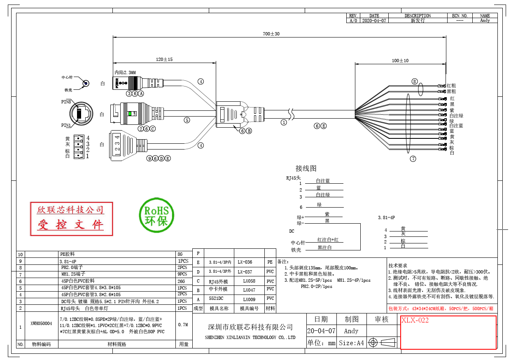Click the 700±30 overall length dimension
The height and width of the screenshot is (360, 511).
271,34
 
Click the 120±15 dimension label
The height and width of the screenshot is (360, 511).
164,59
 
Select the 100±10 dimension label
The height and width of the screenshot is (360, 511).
400,61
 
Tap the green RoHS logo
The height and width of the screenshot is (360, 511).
157,215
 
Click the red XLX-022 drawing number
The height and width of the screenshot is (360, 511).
415,320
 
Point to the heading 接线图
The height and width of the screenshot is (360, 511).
306,168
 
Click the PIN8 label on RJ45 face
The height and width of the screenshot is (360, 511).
66,101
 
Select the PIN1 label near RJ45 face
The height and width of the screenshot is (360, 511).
66,125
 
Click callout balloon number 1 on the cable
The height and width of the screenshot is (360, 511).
283,122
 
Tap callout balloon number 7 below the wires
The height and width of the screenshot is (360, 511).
413,159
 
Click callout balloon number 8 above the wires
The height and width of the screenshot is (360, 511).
415,81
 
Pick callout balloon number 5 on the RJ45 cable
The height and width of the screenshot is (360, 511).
187,120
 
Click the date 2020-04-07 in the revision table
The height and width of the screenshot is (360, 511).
374,20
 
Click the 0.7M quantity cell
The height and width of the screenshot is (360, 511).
183,325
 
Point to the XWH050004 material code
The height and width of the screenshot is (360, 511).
41,324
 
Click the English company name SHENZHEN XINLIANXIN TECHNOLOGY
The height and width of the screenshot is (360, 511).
250,337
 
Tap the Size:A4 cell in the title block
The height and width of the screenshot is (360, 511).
351,343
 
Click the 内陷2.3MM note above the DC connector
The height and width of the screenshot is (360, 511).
125,72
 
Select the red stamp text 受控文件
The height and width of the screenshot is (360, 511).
71,225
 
